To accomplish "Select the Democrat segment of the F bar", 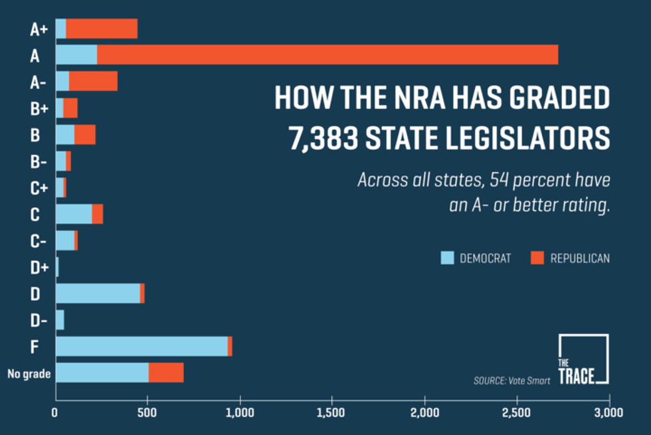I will pos(141,346).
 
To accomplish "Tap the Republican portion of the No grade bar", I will pos(165,373).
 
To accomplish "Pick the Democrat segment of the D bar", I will pos(98,294).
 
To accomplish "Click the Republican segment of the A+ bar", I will pos(101,29).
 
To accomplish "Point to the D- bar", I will pos(60,319).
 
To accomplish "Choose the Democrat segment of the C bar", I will pos(74,214).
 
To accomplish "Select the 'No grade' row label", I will pos(29,374).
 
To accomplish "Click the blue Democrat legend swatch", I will pos(447,258).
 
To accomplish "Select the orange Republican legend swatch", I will pos(537,258).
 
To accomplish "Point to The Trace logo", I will pos(583,359).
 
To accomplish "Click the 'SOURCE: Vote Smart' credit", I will pos(511,381).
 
